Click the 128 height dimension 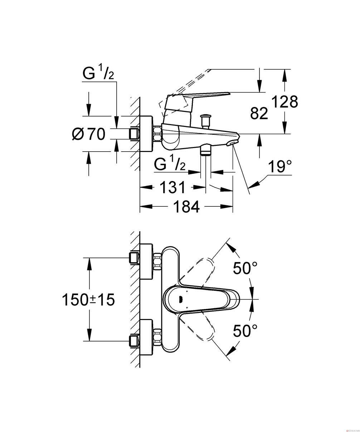click(284, 102)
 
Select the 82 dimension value click(259, 113)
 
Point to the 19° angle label click(280, 167)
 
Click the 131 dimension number click(172, 187)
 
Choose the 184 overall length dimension click(186, 206)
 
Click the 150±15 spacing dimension click(88, 300)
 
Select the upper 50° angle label click(245, 268)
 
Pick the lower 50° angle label click(245, 331)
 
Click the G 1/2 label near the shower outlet click(170, 163)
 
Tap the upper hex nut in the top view click(157, 261)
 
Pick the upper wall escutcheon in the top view click(147, 261)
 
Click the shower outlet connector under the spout click(206, 149)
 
